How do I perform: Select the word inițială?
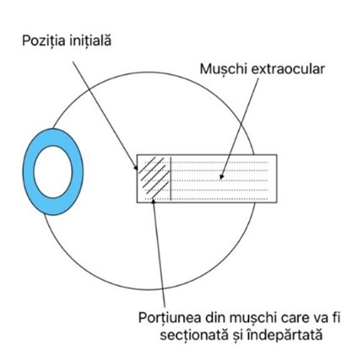point(89,40)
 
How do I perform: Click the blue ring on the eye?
point(30,172)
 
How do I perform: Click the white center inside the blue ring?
point(53,172)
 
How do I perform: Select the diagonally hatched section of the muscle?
point(154,179)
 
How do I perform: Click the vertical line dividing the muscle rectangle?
point(171,179)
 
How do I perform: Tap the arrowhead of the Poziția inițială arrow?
point(136,168)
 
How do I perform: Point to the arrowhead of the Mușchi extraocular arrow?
point(221,177)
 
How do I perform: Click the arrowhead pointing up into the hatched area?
point(154,201)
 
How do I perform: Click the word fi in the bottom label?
point(336,318)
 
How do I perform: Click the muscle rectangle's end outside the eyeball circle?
point(266,179)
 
